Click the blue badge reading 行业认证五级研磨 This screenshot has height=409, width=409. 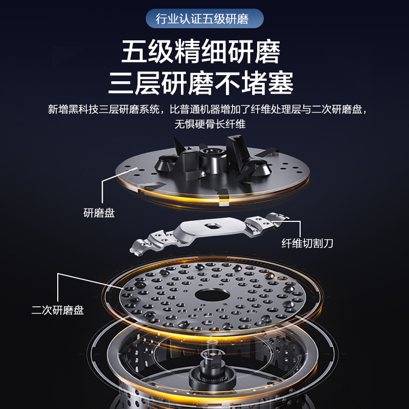tap(204, 19)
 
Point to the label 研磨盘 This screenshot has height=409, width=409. tap(99, 213)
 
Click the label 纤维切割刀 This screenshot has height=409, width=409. tap(307, 243)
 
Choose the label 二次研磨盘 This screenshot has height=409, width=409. tap(58, 310)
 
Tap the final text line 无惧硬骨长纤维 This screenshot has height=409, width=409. tap(204, 124)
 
